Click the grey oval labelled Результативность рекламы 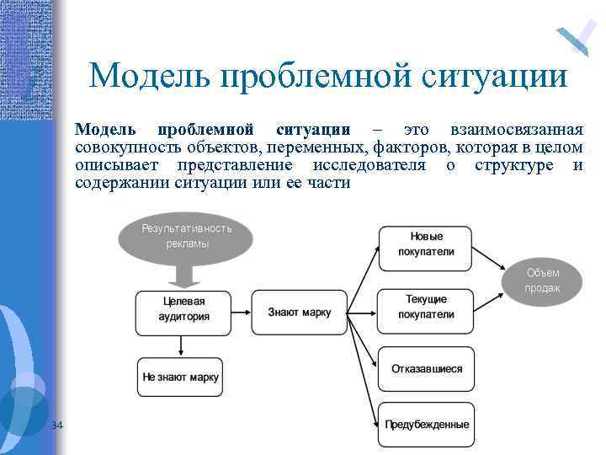tap(186, 237)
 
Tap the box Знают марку tap(300, 312)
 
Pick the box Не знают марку tap(180, 377)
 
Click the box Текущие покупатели tap(427, 308)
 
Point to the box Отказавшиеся tap(426, 369)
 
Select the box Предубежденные tap(427, 424)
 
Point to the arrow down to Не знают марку tap(181, 345)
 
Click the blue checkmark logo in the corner tap(576, 38)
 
